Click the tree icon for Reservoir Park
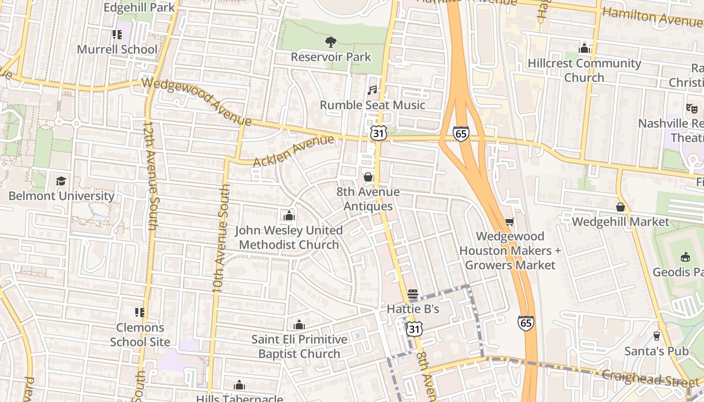331,42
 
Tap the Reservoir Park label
331,57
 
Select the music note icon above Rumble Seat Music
372,90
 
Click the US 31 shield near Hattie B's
414,329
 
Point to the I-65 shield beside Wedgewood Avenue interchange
461,133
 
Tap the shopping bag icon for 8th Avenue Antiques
368,177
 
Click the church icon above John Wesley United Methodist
289,216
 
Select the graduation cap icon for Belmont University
61,181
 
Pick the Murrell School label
117,49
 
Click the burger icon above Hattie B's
413,294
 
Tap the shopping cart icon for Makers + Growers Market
509,222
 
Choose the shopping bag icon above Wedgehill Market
621,207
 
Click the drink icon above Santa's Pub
656,336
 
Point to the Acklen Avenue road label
294,151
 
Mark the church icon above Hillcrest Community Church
584,49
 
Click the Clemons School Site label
140,335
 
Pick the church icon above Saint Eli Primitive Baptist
299,325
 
